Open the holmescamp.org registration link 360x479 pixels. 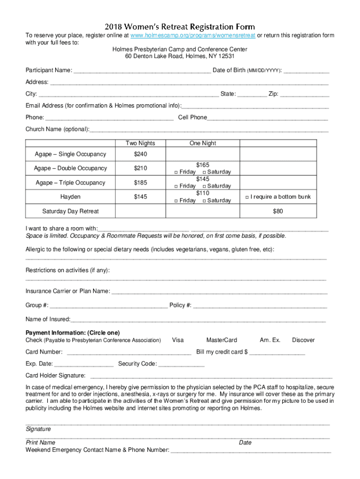(x=193, y=36)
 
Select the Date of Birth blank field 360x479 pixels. (x=306, y=71)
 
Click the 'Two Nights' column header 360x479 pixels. (x=140, y=143)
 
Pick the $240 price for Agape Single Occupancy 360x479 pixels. (x=140, y=154)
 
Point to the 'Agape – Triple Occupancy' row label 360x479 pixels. (x=71, y=183)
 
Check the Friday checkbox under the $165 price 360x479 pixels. (x=176, y=172)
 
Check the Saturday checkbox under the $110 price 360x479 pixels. (x=204, y=201)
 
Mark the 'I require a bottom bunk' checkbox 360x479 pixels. (x=247, y=197)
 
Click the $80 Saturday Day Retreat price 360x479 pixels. (x=278, y=211)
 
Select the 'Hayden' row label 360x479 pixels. (x=71, y=197)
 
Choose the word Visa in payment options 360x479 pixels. (x=178, y=340)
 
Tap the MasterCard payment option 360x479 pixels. (x=222, y=340)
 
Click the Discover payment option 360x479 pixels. (x=303, y=340)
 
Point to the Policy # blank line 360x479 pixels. (x=260, y=306)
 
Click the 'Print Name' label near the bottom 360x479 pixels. (x=41, y=443)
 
